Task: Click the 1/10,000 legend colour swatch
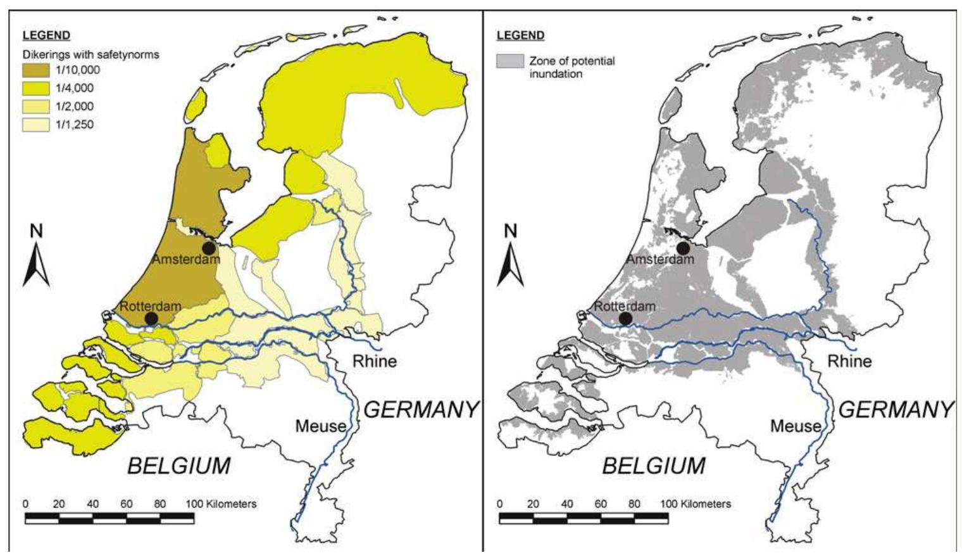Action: tap(36, 70)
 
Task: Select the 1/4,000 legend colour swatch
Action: tap(36, 89)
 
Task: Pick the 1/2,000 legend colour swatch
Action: tap(36, 106)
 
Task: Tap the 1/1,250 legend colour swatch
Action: tap(36, 125)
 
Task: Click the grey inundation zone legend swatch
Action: tap(510, 61)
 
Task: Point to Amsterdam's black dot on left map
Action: tap(208, 248)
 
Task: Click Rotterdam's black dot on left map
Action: tap(151, 318)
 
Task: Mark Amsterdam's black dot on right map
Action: tap(683, 248)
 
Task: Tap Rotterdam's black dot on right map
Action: tap(626, 318)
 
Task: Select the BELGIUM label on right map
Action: tap(653, 466)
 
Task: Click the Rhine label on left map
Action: tap(375, 361)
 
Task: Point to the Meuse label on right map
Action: tap(795, 426)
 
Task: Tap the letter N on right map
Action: tap(511, 231)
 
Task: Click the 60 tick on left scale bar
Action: tap(127, 504)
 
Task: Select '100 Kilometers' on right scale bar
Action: tap(696, 504)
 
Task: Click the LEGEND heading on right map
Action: tap(520, 35)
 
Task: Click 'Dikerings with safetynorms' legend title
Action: tap(91, 54)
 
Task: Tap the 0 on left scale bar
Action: tap(25, 504)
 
